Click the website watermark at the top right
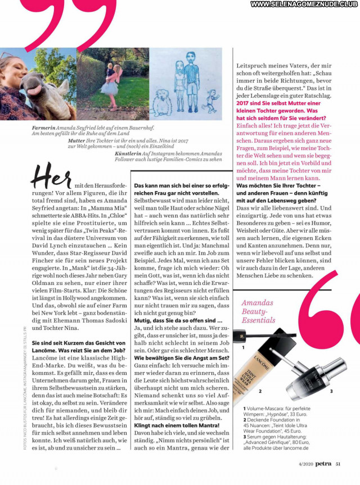point(304,4)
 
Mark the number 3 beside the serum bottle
point(331,391)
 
